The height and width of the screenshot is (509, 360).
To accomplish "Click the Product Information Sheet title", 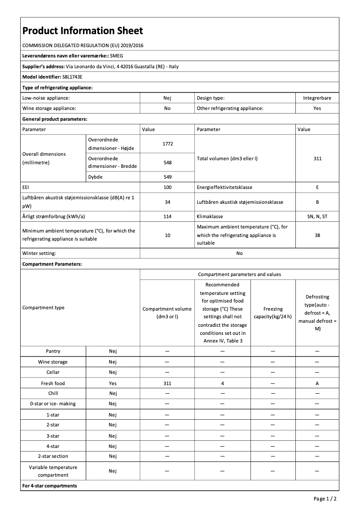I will click(x=83, y=31).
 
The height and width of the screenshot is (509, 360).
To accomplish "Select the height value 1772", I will click(x=167, y=144).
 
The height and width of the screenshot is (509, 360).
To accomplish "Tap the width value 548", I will click(x=167, y=162).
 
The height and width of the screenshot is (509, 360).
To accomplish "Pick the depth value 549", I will click(x=167, y=177).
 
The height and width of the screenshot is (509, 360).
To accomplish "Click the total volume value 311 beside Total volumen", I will click(x=317, y=158).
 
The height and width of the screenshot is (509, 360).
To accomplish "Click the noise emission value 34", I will click(x=167, y=202).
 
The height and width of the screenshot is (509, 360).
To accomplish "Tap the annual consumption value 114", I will click(x=167, y=216).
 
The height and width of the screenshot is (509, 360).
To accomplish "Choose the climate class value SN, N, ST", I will click(x=317, y=216).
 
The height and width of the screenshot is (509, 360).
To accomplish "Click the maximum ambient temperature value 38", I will click(x=317, y=235).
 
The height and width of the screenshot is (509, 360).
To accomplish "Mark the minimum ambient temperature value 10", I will click(x=167, y=235).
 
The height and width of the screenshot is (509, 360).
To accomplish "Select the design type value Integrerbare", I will click(x=317, y=98).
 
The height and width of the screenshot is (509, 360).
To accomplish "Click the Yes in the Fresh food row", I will click(x=113, y=383).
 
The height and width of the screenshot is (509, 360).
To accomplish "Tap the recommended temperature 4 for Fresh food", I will click(x=222, y=383).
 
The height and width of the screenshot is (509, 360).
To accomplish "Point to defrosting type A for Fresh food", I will click(x=317, y=383).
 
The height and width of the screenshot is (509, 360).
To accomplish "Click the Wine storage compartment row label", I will click(x=53, y=362).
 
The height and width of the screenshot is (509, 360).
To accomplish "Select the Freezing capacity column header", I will click(x=273, y=312).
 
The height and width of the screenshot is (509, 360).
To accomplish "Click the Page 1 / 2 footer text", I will click(x=325, y=499).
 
